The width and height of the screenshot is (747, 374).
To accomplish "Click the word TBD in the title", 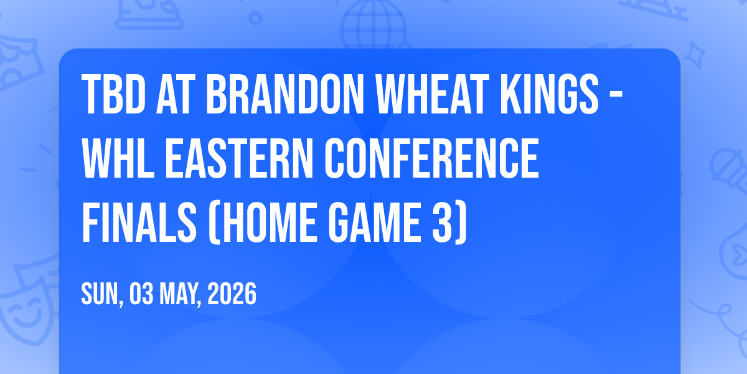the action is click(x=114, y=95).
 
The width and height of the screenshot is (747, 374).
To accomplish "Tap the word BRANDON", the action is click(x=285, y=95).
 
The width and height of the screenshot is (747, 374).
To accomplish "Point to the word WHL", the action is click(x=118, y=158).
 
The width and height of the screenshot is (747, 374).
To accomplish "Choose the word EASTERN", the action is click(x=240, y=158).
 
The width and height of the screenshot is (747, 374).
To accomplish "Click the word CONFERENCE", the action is click(x=432, y=158).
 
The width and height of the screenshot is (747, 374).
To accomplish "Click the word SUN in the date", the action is click(x=100, y=294).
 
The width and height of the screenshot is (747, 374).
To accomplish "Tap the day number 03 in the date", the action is click(x=141, y=294).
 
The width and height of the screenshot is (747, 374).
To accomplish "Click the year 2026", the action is click(x=232, y=294).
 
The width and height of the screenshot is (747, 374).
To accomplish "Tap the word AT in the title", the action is click(x=176, y=95).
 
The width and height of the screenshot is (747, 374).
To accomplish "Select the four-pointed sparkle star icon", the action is click(x=695, y=55).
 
